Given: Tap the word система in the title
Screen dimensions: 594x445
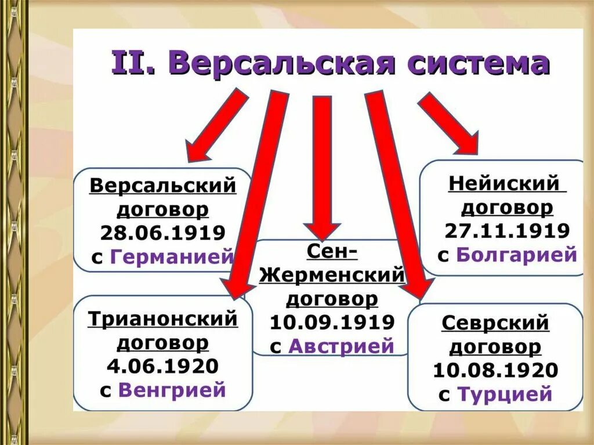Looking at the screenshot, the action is pos(479,64).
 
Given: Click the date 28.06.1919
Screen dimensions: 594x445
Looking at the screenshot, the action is pos(163,233).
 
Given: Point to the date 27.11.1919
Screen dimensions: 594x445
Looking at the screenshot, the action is pos(508,230).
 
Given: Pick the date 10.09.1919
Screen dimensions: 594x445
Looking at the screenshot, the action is pos(332,322).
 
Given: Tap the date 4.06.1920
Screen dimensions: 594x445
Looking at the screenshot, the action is pos(163,366).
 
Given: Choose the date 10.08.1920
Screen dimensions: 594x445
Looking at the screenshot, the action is pos(495,370).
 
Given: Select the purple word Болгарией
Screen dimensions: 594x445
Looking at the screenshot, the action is pos(517,255).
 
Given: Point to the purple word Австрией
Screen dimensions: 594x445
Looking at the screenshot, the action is pos(341,346).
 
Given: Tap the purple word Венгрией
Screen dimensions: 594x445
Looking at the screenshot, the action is pos(172,390).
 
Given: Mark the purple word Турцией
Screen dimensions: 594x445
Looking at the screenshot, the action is pos(505,395).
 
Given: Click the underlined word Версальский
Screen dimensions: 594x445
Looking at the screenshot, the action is pos(163,186).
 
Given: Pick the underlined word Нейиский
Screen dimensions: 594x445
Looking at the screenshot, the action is pos(504,183).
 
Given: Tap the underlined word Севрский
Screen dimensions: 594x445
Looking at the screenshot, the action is pos(495,323).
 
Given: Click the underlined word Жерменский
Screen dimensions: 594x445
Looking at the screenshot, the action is pos(331,275).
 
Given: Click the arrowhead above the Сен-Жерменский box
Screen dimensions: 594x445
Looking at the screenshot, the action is pos(323,229).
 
